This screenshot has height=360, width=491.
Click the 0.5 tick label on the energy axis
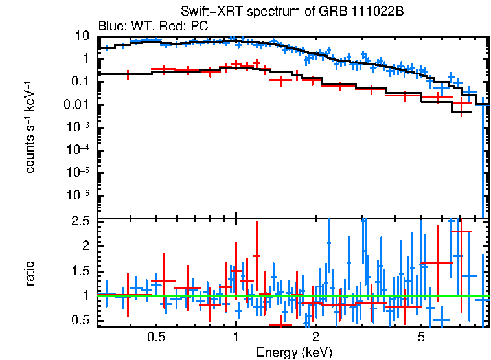(x=155, y=337)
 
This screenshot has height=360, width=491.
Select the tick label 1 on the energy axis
(x=235, y=337)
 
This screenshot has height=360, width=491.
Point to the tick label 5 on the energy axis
(x=421, y=337)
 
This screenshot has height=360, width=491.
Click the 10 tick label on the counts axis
(x=82, y=36)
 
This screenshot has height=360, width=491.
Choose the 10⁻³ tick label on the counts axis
(x=80, y=127)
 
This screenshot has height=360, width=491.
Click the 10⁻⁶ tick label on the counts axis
(x=80, y=195)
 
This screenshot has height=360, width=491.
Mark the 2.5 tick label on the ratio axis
(x=80, y=221)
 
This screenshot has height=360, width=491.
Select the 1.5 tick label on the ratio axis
(x=80, y=271)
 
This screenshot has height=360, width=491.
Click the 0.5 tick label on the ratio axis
(x=80, y=321)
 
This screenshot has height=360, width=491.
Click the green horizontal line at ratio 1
(x=194, y=296)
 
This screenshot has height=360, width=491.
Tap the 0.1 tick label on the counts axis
(x=82, y=82)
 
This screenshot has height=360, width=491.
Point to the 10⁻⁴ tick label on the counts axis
(x=80, y=150)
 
